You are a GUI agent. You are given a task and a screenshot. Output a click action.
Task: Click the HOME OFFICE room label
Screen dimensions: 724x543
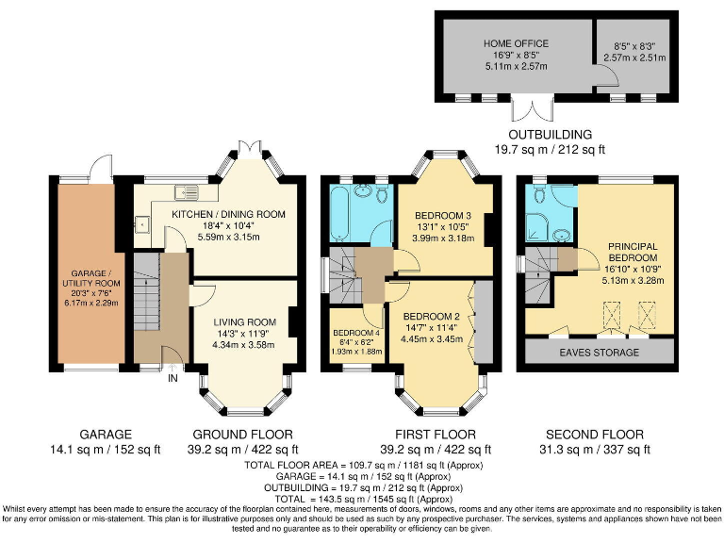[516, 43]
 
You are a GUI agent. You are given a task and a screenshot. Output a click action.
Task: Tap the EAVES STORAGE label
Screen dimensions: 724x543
[600, 353]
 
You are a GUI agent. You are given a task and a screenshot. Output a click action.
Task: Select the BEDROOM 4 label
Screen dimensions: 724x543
[356, 333]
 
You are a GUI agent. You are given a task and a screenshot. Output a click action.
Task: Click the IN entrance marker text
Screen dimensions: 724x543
[173, 379]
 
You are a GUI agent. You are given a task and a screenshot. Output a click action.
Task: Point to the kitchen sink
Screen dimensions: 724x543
[187, 191]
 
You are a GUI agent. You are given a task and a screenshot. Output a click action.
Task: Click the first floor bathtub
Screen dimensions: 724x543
[340, 214]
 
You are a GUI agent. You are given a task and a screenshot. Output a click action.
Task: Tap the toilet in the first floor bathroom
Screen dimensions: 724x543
[382, 194]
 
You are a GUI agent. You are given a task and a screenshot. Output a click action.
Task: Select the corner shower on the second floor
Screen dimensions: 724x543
[537, 226]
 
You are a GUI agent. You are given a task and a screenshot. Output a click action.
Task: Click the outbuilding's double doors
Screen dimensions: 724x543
[533, 108]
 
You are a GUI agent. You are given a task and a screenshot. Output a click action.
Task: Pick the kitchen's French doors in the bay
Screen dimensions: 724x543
[250, 150]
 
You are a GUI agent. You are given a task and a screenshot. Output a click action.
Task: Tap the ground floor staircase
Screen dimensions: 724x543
[147, 292]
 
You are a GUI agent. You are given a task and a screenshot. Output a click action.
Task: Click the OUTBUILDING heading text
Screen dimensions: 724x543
[550, 135]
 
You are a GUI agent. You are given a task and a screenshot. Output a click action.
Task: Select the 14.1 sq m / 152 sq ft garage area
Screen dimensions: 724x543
[106, 450]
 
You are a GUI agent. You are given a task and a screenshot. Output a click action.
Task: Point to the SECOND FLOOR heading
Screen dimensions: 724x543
[595, 435]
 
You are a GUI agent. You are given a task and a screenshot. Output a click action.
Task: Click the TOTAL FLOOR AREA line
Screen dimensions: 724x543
[364, 465]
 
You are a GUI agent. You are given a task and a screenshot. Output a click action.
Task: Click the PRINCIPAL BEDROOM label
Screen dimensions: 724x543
[633, 252]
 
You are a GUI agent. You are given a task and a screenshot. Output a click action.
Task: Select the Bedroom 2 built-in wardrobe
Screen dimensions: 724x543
[484, 321]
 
